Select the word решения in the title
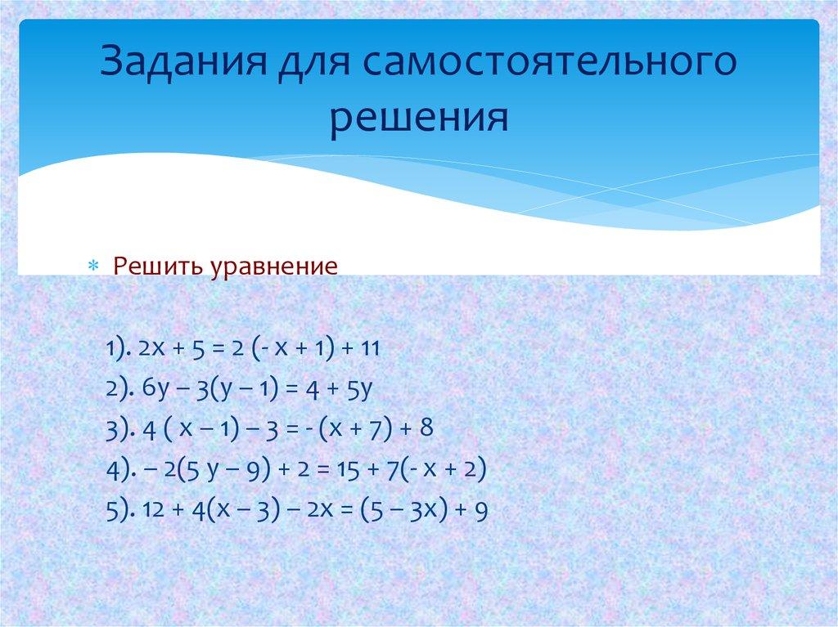[419, 117]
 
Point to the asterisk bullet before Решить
[92, 267]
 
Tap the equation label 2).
[120, 390]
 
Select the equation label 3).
[120, 431]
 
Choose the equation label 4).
[120, 471]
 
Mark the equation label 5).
[120, 512]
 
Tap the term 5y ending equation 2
[360, 390]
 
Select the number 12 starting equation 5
[151, 512]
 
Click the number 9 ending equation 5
[481, 512]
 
